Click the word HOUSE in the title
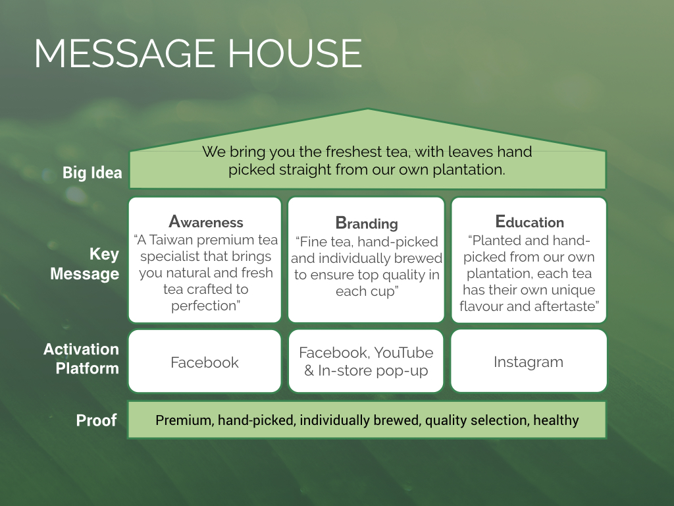295,53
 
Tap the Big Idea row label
92,173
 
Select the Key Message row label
85,264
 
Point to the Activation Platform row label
81,358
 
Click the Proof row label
96,420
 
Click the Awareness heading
206,221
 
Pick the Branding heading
367,223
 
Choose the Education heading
530,221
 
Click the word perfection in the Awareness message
204,306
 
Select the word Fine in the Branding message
311,242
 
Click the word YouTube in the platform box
403,353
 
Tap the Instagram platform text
529,362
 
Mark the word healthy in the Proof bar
556,420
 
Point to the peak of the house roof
368,109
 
